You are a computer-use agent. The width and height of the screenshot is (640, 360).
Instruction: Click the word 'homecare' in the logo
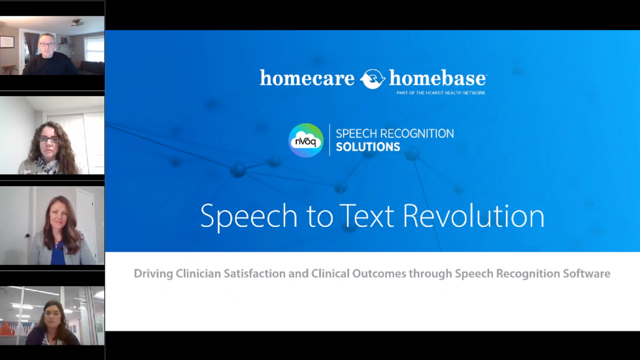pos(306,78)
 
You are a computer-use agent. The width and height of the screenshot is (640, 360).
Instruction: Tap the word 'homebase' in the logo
pos(437,78)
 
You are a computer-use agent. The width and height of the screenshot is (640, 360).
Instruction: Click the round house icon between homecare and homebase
pos(372,79)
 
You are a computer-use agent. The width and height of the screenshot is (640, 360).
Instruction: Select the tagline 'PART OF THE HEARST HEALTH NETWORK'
pos(440,93)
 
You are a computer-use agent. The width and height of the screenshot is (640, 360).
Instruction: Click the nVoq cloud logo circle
pos(306,140)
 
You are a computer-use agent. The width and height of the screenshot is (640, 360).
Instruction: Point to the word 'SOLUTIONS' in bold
pos(367,147)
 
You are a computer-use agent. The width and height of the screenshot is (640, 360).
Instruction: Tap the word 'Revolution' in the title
pos(473,216)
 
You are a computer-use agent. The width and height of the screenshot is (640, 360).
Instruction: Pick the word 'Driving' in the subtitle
pos(153,274)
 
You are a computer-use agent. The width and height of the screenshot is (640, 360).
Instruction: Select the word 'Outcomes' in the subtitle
pos(379,274)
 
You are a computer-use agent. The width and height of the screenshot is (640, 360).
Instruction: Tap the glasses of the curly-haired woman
pos(48,139)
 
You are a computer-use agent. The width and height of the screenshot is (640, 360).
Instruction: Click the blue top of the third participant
pos(58,255)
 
